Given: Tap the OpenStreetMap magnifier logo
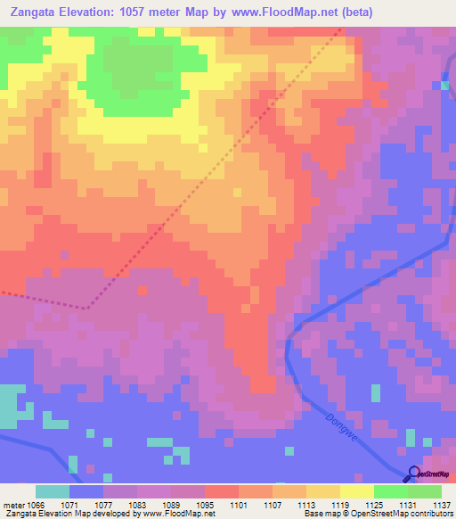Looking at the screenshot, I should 412,474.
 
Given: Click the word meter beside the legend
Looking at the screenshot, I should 13,504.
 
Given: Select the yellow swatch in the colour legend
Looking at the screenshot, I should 356,491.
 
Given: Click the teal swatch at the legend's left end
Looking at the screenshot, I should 53,491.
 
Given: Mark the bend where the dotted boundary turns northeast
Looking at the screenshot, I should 87,308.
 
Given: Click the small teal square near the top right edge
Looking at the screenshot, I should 444,86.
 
